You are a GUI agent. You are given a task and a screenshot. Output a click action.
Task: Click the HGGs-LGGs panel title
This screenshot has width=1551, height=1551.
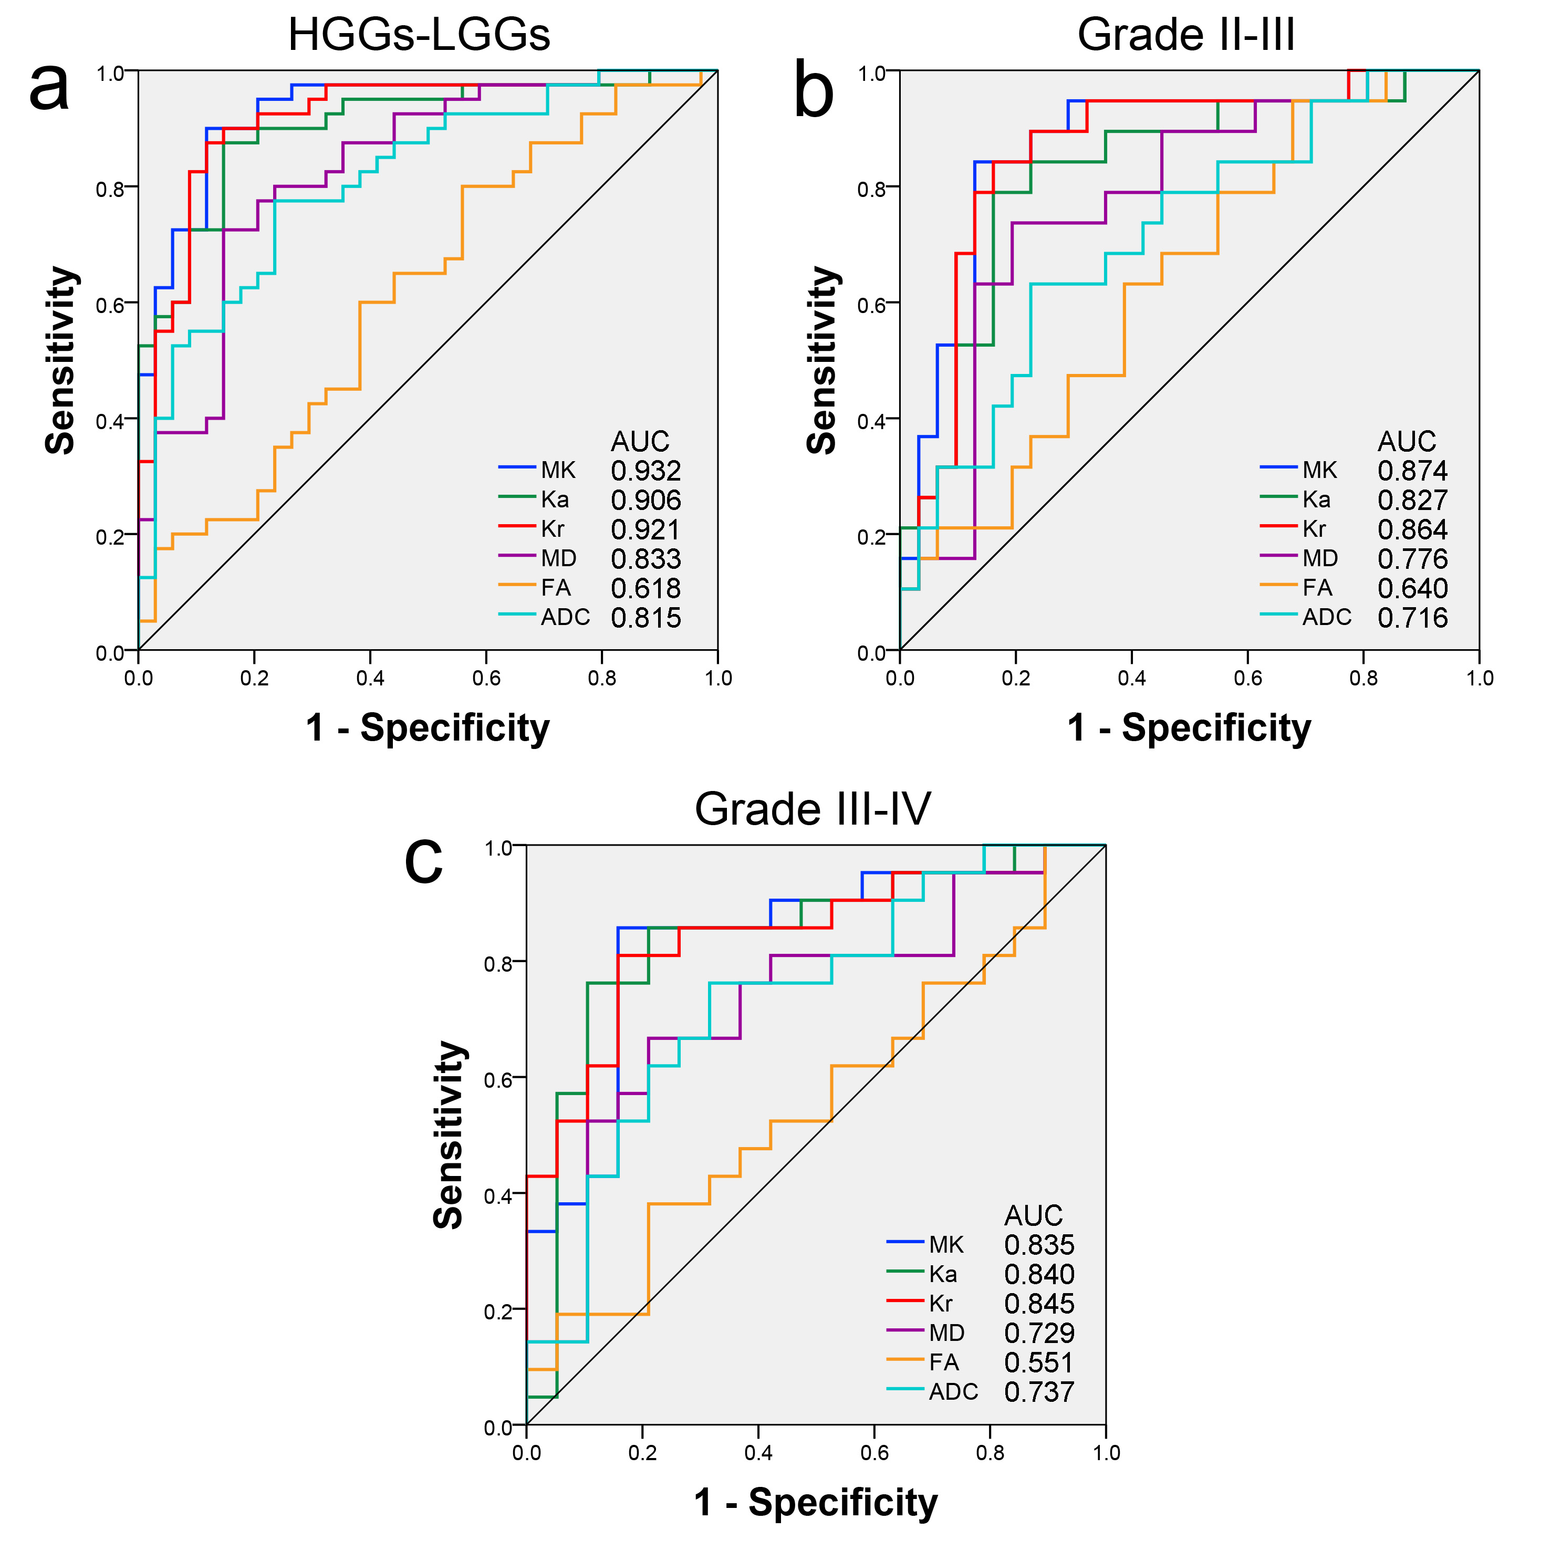(x=419, y=35)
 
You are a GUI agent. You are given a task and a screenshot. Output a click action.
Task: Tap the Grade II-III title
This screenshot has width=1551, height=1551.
(x=1186, y=35)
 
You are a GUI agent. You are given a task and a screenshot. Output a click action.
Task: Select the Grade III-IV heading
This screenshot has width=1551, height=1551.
(x=813, y=809)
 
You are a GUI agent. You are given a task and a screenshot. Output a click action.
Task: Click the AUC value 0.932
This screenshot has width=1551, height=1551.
(x=646, y=471)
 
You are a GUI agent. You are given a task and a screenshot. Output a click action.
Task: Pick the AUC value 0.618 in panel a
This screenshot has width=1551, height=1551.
(x=646, y=588)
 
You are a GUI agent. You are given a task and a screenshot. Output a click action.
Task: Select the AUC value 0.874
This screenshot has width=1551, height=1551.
(x=1412, y=471)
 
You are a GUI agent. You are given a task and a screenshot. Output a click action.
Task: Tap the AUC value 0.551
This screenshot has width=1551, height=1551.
(x=1039, y=1363)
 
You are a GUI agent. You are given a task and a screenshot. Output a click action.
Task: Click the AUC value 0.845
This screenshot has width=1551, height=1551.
(x=1039, y=1304)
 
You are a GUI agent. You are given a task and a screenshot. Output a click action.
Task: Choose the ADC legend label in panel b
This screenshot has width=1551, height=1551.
(x=1326, y=617)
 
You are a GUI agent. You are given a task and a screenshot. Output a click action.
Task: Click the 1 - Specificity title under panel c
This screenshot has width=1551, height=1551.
(x=816, y=1503)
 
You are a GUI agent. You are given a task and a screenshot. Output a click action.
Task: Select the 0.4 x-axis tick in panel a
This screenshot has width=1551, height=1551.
(x=370, y=679)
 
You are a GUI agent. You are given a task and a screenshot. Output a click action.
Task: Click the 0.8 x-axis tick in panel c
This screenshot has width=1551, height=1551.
(x=990, y=1453)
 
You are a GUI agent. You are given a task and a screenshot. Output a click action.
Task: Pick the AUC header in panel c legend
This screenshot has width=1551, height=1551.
(x=1033, y=1215)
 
